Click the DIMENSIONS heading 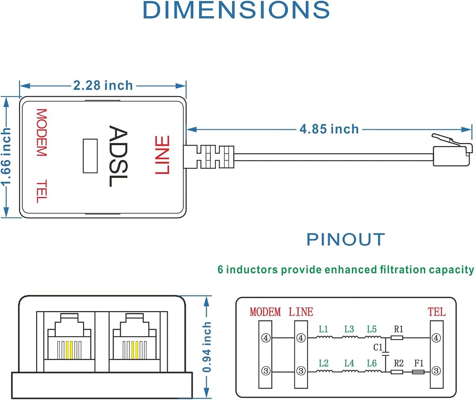click(x=236, y=10)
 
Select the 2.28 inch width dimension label click(x=103, y=86)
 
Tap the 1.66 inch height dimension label click(x=6, y=156)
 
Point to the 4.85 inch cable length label click(x=329, y=129)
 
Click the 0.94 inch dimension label click(x=207, y=347)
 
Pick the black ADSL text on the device click(x=118, y=156)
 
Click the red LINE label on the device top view click(x=162, y=155)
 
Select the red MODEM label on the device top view click(x=41, y=133)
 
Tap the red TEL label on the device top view click(x=41, y=191)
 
